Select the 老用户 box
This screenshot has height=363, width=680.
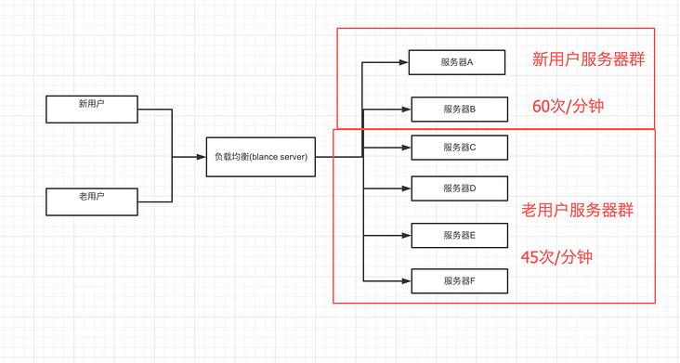click(91, 201)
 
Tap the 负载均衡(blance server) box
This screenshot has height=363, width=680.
click(260, 157)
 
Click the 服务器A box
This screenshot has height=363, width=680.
click(458, 63)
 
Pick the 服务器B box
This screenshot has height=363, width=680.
click(459, 110)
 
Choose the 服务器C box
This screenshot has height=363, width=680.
click(459, 148)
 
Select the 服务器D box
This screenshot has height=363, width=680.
click(459, 188)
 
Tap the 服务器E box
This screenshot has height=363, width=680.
click(459, 236)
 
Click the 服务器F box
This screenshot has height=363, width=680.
click(459, 280)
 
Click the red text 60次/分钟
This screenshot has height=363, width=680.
click(568, 106)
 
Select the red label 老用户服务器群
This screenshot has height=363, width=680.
click(578, 211)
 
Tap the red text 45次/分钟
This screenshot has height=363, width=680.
click(557, 256)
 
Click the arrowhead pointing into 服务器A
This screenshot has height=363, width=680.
click(405, 64)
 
